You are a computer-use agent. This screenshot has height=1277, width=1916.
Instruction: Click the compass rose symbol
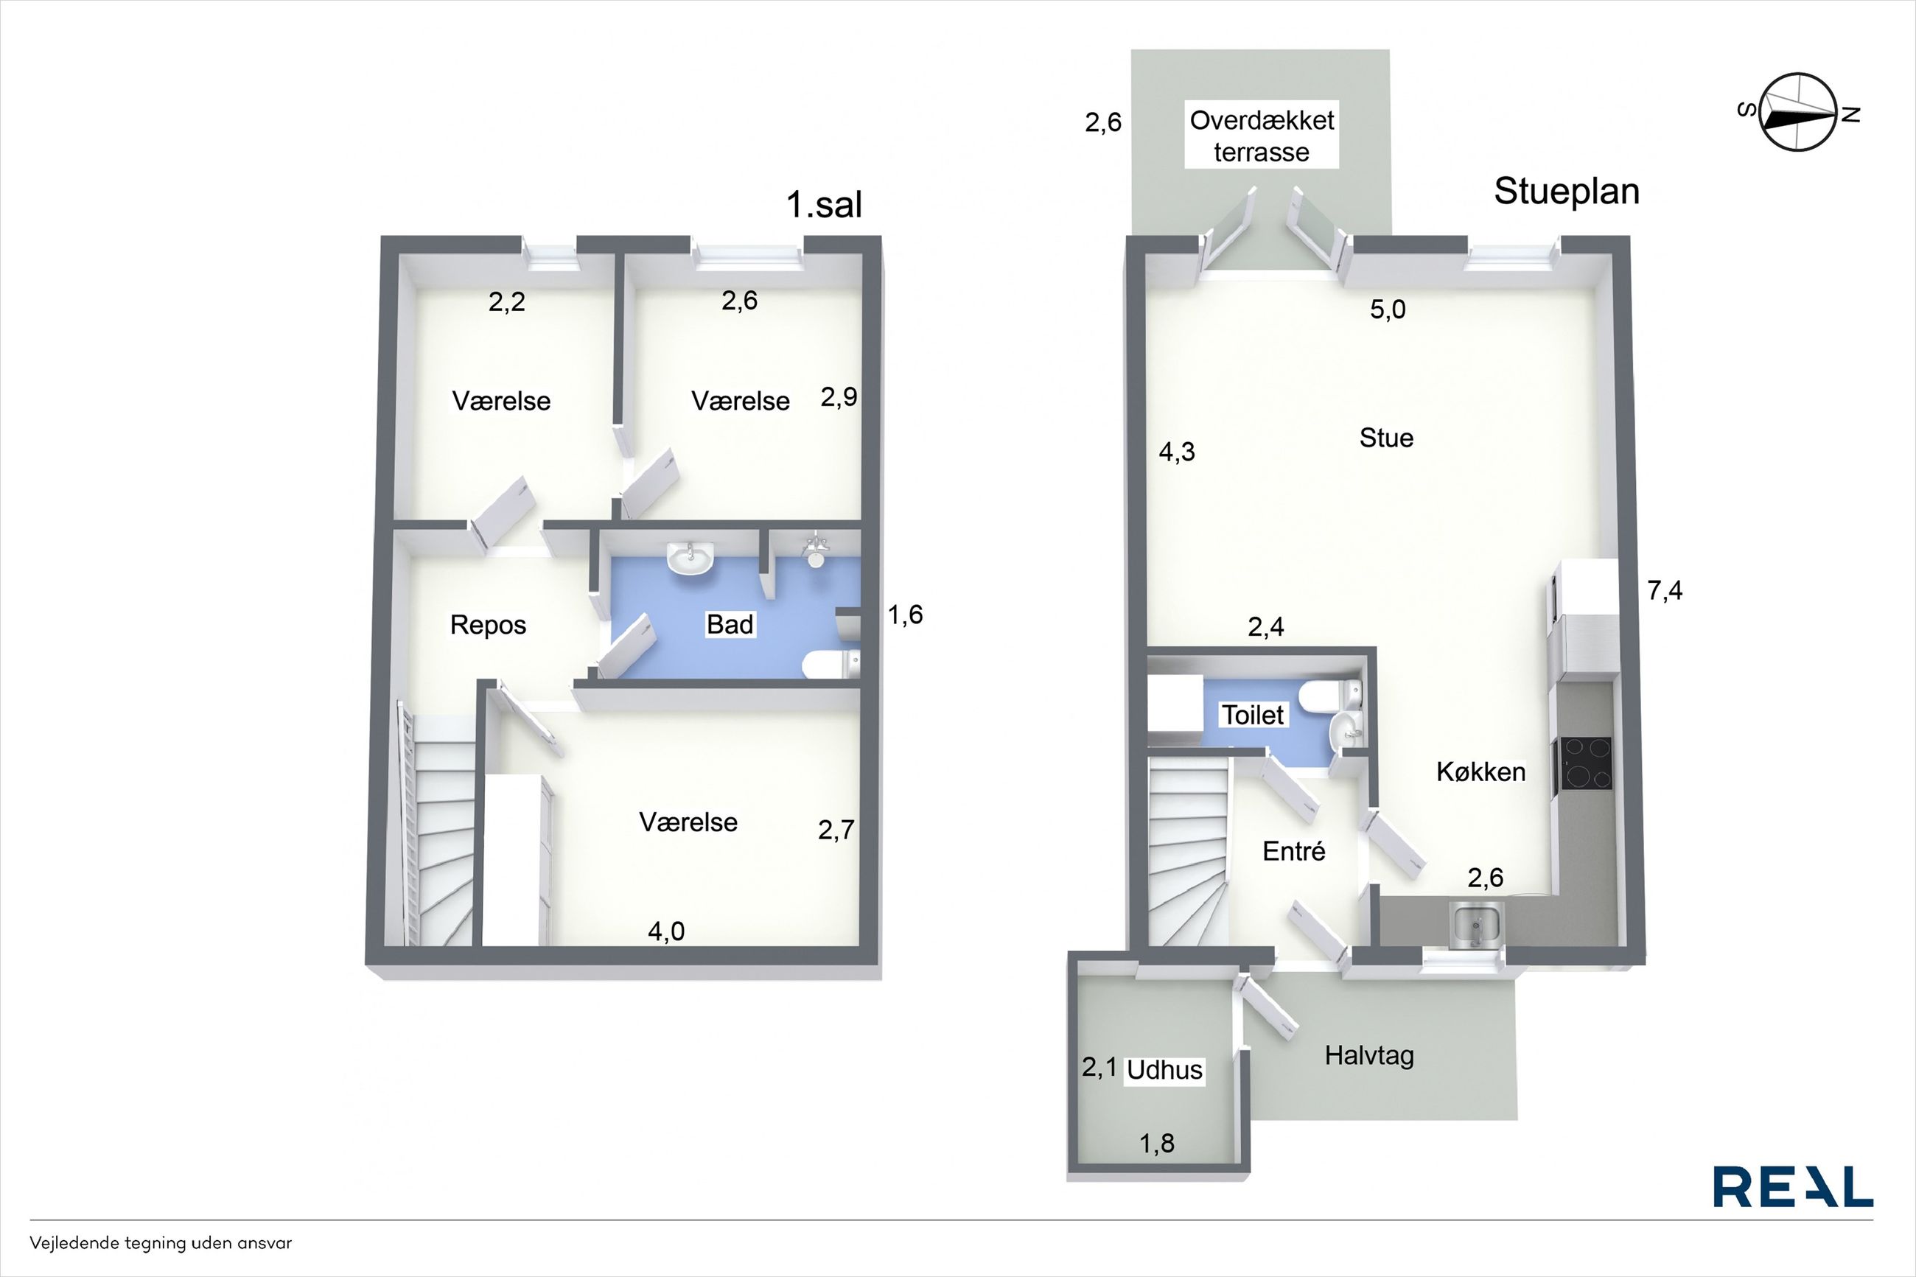click(x=1799, y=113)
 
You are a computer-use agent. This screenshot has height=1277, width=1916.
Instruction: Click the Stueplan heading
click(x=1566, y=192)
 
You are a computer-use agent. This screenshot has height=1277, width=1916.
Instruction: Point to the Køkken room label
click(x=1480, y=772)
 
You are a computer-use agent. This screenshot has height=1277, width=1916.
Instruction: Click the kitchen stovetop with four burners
click(x=1584, y=763)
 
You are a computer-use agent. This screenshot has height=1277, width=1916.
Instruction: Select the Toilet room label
click(x=1252, y=715)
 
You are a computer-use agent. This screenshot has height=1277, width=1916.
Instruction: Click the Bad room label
click(x=730, y=625)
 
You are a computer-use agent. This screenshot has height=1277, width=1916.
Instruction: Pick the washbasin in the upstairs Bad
click(x=690, y=559)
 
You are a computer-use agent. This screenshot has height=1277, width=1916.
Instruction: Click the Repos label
click(x=488, y=625)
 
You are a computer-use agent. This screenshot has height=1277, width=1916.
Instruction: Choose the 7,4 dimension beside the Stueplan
click(x=1665, y=590)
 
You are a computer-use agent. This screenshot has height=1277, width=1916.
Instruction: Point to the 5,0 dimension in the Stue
click(x=1388, y=309)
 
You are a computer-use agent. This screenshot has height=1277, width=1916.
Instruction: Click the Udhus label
click(x=1164, y=1070)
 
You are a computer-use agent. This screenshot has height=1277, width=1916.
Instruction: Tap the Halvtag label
click(x=1368, y=1056)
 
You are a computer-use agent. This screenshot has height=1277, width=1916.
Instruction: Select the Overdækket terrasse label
click(x=1262, y=136)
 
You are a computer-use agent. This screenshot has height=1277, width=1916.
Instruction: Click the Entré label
click(x=1293, y=852)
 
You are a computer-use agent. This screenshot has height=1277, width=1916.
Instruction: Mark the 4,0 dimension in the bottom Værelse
click(x=666, y=931)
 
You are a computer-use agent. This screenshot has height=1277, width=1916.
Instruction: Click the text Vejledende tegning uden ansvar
click(x=161, y=1244)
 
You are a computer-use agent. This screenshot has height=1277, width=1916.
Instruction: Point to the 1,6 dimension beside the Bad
click(x=905, y=615)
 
